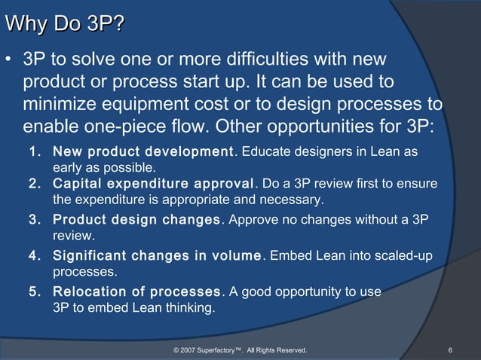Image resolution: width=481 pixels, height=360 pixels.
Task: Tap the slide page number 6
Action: point(450,350)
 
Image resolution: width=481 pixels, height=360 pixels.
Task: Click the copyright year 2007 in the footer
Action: point(189,350)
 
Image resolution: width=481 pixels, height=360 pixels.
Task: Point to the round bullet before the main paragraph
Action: point(8,59)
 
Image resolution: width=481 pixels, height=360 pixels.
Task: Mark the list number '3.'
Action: point(35,221)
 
